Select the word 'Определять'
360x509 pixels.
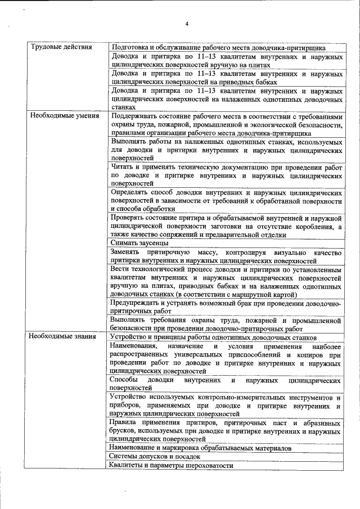point(130,193)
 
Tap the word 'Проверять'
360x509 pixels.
point(129,218)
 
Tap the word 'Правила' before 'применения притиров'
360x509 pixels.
point(125,422)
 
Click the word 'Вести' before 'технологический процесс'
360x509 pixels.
point(121,269)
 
